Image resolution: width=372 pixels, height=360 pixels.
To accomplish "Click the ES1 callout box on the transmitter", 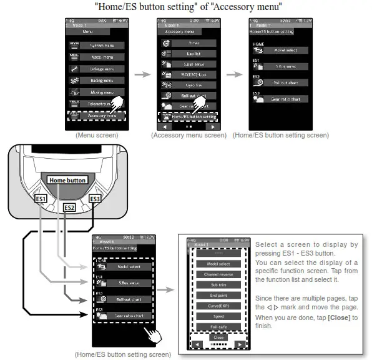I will click(x=42, y=199).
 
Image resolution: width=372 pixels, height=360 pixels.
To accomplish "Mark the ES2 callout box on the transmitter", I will click(x=69, y=207).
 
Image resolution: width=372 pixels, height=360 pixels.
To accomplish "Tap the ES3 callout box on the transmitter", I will click(x=95, y=199).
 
